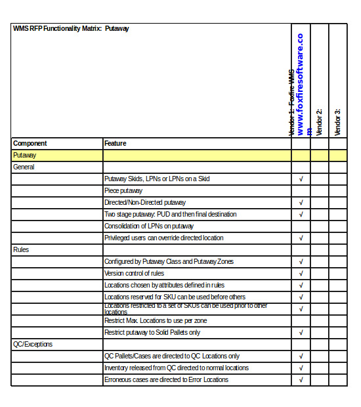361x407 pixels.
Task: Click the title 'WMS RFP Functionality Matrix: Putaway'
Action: pos(71,29)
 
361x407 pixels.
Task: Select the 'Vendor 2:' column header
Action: pos(319,121)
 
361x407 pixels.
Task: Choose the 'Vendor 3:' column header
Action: pos(337,121)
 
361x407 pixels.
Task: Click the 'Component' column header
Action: pos(30,143)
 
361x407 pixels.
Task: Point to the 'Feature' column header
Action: pos(116,143)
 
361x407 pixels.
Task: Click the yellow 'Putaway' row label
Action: pos(25,156)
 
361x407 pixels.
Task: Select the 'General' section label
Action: pos(24,167)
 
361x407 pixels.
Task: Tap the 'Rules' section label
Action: pos(21,250)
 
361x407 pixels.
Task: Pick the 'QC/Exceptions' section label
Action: pos(33,345)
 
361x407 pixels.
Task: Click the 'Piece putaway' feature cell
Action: pos(123,191)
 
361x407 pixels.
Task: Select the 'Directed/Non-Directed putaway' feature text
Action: pos(144,203)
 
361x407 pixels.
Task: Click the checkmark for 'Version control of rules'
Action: pos(301,274)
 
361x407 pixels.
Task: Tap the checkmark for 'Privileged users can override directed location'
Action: pos(301,238)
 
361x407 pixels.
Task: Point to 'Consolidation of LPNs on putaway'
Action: pos(149,226)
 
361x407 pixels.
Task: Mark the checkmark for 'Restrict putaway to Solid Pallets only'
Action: pos(301,333)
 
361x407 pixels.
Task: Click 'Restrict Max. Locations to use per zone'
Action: pos(156,321)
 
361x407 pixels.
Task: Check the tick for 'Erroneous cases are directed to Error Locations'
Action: pos(301,380)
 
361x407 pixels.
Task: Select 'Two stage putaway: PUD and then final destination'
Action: pos(170,215)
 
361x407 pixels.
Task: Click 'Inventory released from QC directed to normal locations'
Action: pos(177,368)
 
